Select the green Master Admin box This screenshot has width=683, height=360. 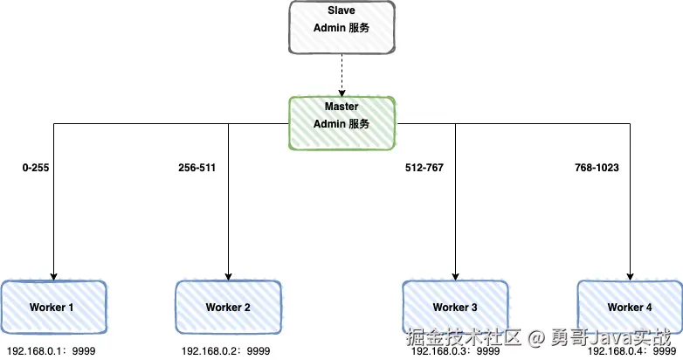click(341, 123)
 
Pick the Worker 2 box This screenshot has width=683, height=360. click(228, 307)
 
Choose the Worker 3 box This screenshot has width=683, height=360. click(454, 307)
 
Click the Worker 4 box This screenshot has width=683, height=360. click(629, 307)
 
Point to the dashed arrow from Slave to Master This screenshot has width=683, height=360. click(341, 73)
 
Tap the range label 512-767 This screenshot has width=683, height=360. click(424, 166)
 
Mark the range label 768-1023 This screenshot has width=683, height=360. click(597, 166)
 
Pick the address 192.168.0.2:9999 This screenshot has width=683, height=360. click(226, 351)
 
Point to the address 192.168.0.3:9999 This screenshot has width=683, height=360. click(454, 351)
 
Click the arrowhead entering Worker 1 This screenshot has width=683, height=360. click(53, 274)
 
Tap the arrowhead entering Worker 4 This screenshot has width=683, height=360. click(629, 274)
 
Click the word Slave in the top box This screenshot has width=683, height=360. click(341, 10)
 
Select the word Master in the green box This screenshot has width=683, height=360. click(341, 107)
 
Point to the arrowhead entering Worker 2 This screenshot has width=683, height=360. click(228, 274)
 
